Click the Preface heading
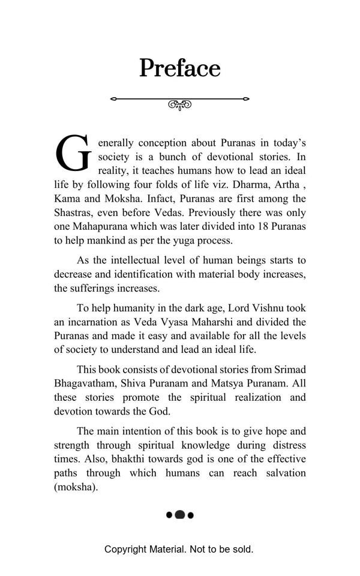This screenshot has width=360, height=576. [x=180, y=68]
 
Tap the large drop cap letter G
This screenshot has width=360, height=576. [x=73, y=154]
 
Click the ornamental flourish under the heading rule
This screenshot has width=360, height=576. [x=179, y=105]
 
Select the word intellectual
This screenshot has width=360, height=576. [x=141, y=260]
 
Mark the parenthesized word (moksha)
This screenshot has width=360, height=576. [x=76, y=487]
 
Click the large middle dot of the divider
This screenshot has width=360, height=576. [x=179, y=515]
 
